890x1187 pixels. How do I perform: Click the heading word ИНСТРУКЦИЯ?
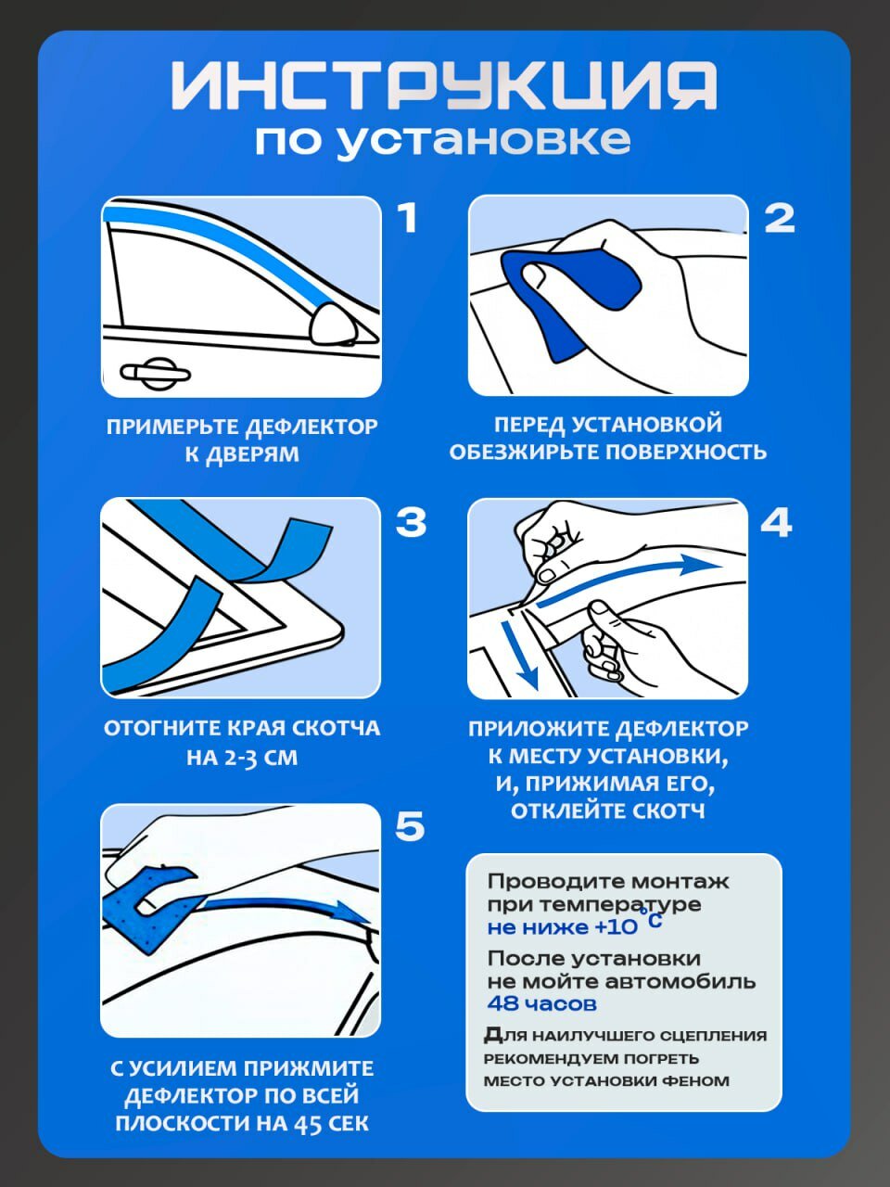[444, 85]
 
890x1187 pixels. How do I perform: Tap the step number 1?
[407, 218]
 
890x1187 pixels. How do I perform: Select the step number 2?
[780, 218]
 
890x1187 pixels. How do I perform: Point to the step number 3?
[411, 522]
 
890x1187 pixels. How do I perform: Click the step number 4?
[777, 522]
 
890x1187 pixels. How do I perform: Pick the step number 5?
[410, 827]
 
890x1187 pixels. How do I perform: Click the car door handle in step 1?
[155, 373]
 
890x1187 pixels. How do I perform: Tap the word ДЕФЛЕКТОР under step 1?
[311, 427]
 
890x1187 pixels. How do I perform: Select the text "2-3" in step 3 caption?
[235, 758]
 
